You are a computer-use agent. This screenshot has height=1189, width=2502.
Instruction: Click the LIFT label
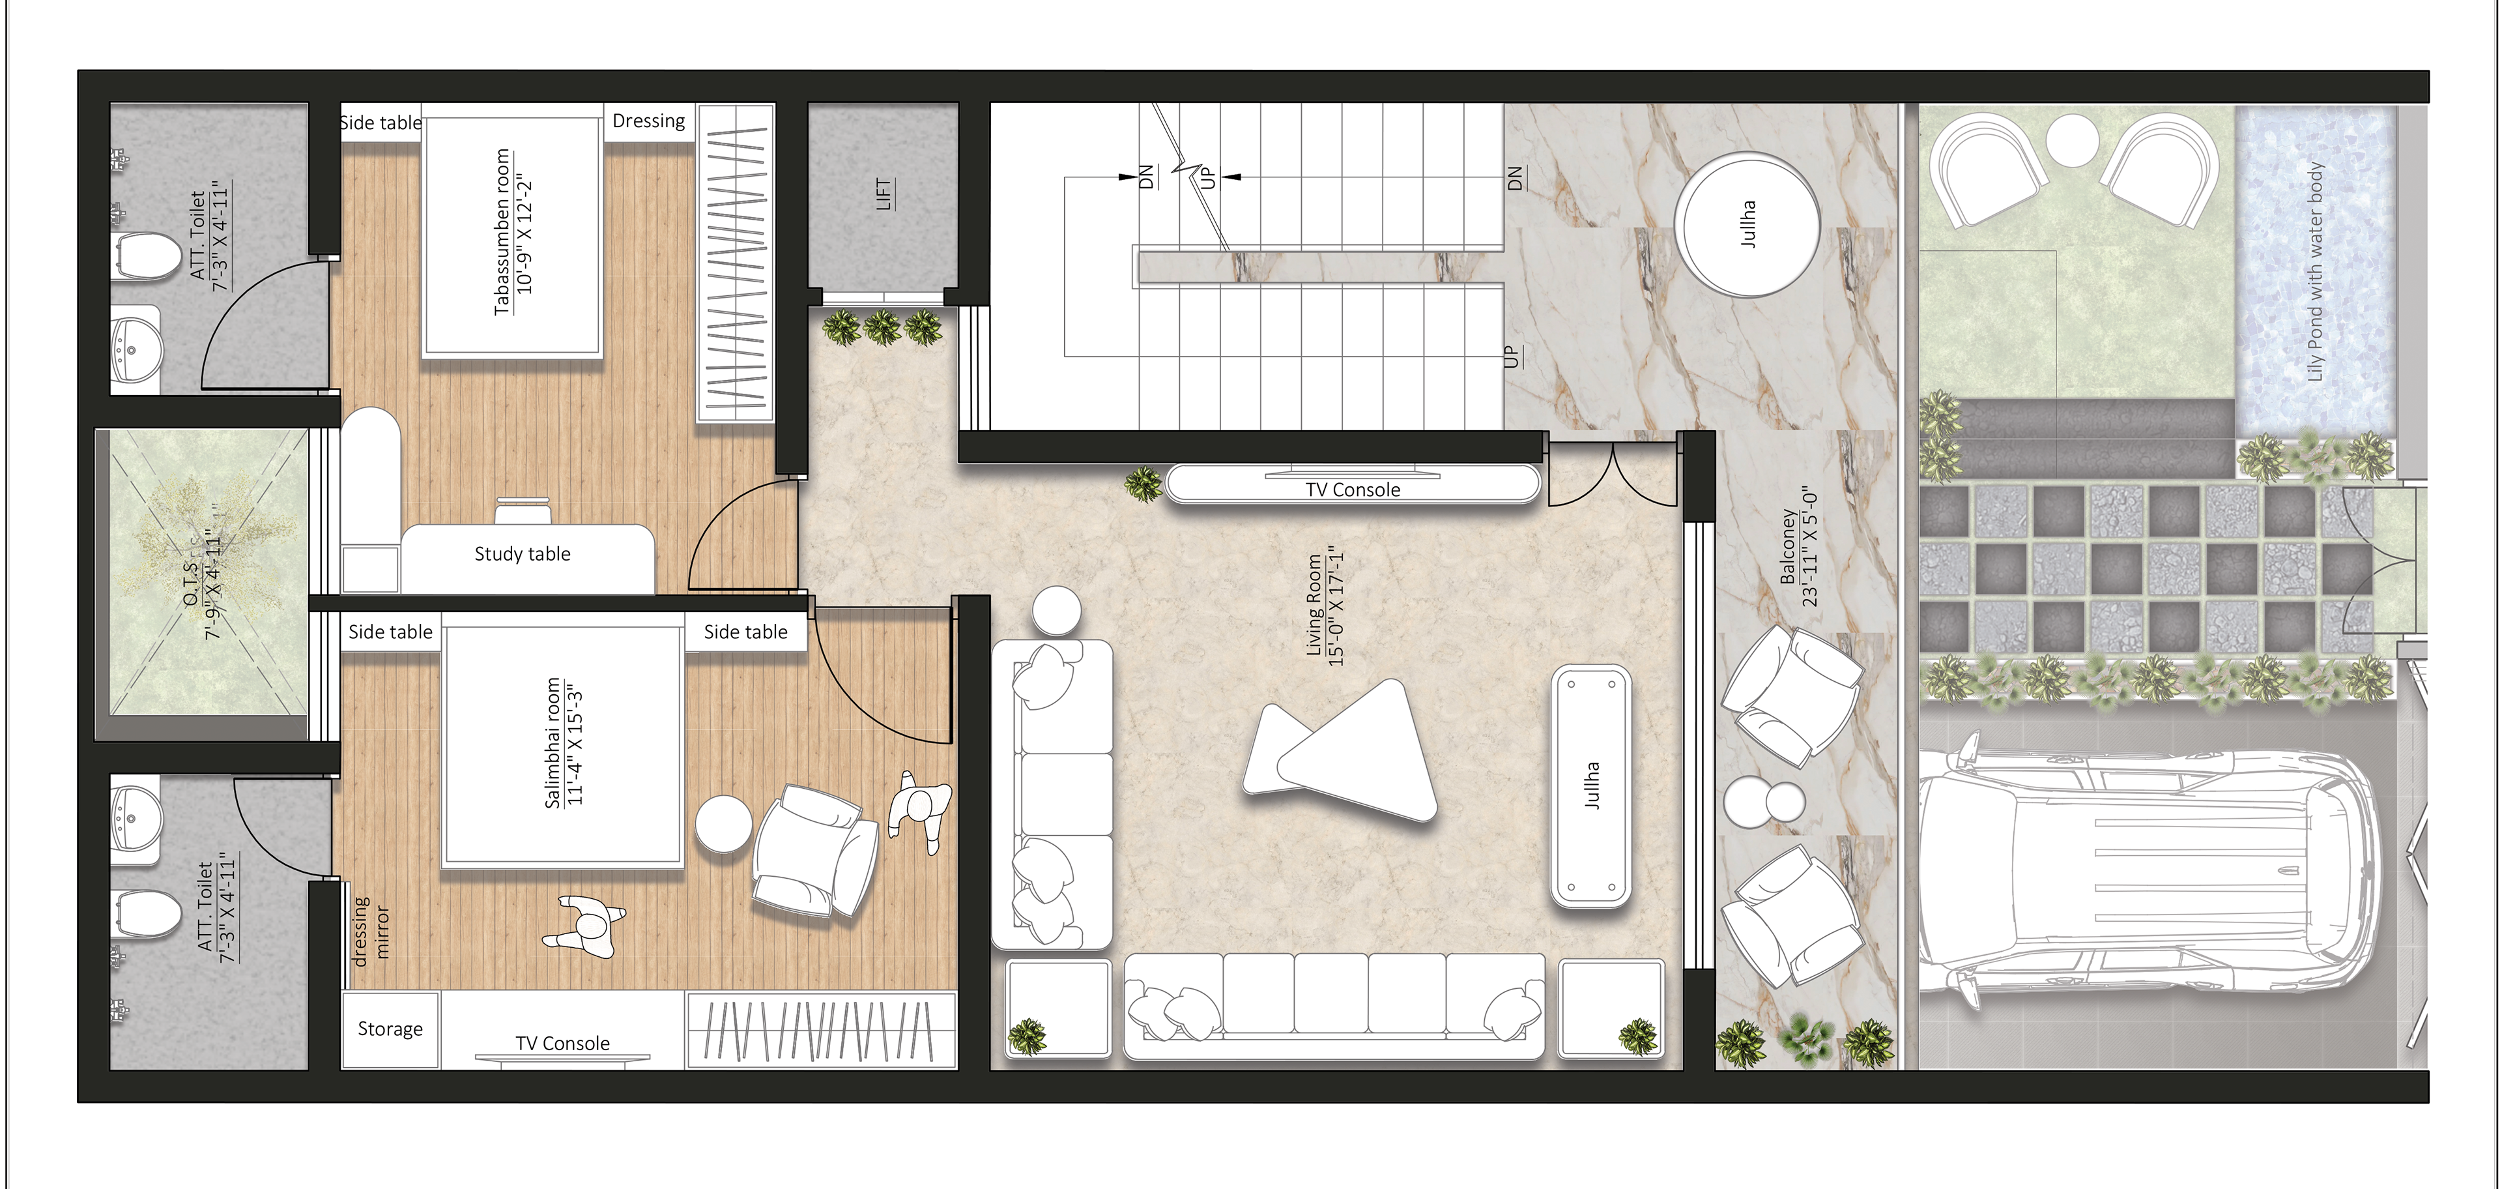coord(884,194)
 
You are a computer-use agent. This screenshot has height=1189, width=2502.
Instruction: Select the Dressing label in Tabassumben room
coord(649,121)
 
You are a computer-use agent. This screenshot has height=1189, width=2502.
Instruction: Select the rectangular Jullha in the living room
coord(1591,786)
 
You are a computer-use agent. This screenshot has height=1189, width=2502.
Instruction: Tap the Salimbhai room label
coord(554,743)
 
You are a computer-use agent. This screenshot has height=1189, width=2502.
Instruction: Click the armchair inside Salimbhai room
coord(816,850)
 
